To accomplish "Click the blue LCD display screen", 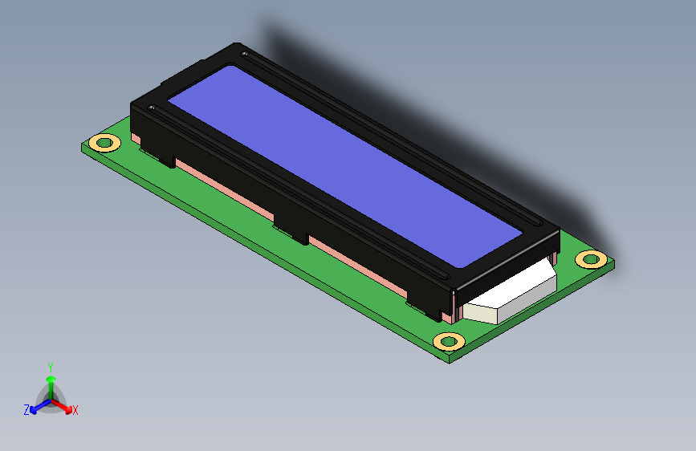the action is pos(345,166).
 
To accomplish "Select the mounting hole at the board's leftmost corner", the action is pos(104,143).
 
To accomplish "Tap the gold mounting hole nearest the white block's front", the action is pos(449,341).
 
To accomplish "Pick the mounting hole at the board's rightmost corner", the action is pos(592,259).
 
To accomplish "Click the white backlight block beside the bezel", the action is pos(511,293).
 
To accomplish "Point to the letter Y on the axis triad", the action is pos(51,368).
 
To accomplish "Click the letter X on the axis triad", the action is pos(75,410).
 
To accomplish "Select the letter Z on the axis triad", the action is pos(26,410).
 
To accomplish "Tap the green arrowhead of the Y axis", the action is pos(51,380).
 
